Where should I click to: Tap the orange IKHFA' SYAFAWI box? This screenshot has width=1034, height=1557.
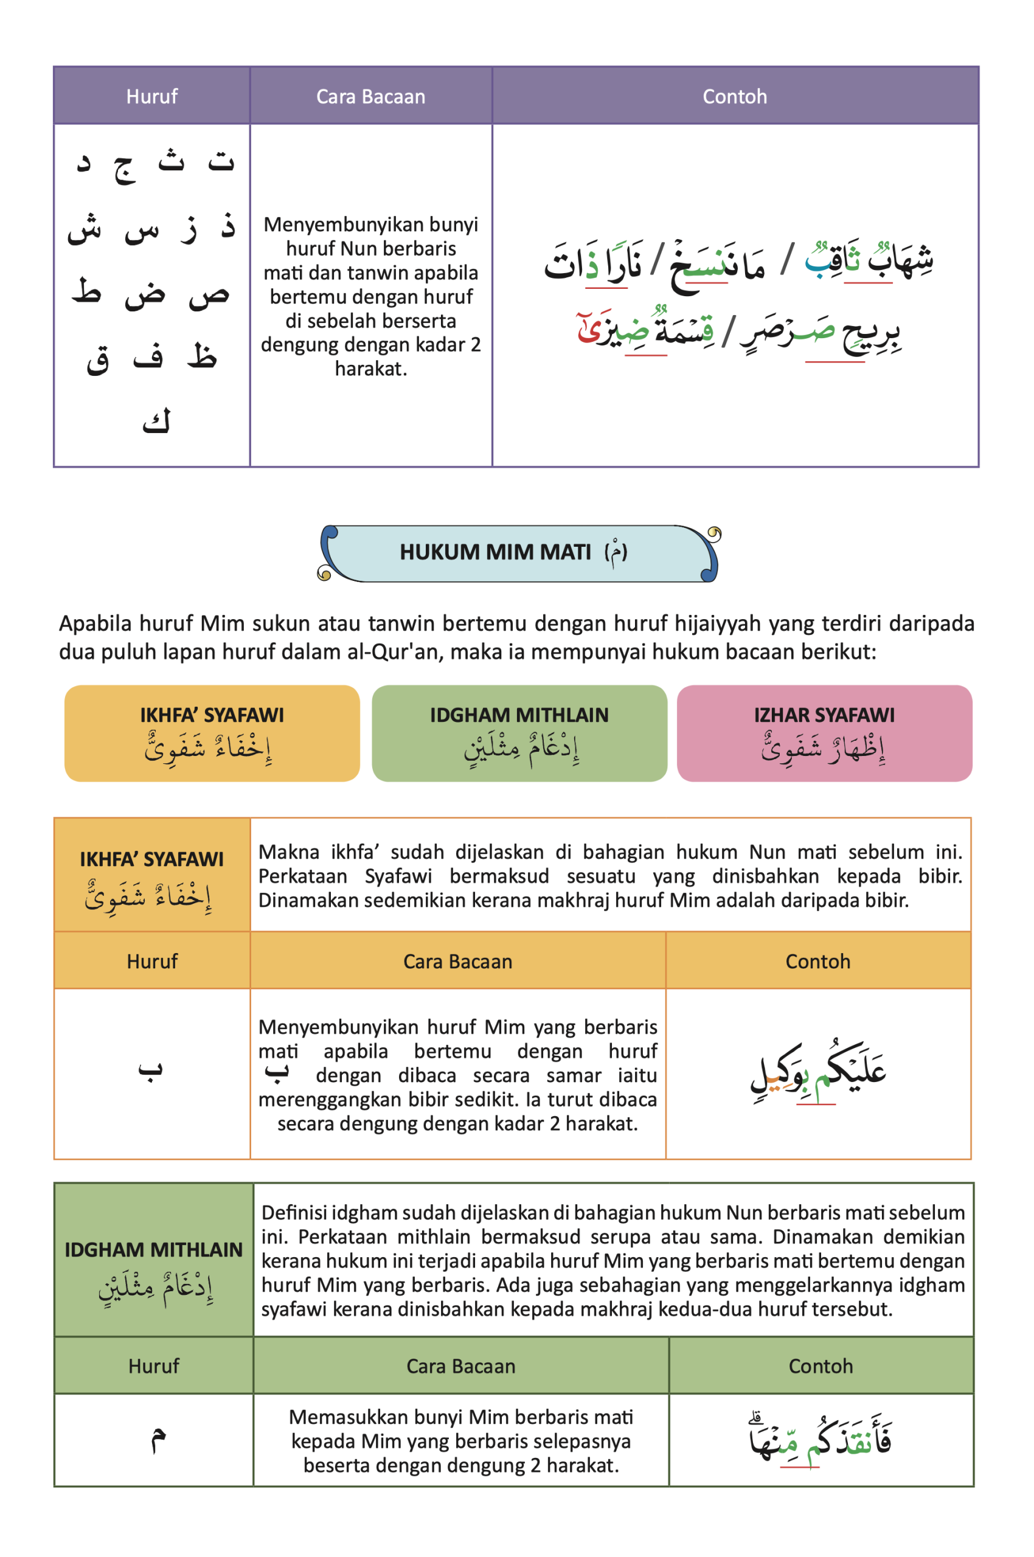pos(212,733)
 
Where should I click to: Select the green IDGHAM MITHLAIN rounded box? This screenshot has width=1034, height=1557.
pos(519,733)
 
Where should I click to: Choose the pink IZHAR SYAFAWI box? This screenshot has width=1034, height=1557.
pos(824,733)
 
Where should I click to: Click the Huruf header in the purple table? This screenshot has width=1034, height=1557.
pos(151,96)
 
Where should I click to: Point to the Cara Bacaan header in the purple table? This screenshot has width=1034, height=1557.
pos(370,96)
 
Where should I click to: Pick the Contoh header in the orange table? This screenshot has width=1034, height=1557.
pos(817,961)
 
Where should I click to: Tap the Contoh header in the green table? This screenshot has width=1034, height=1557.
pos(821,1366)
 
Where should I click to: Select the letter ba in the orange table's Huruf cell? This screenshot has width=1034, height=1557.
pos(150,1069)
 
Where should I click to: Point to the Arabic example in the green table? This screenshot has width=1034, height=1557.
pos(821,1440)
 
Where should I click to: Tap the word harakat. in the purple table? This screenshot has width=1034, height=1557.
pos(370,369)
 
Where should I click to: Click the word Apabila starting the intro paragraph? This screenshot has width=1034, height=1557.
pos(94,623)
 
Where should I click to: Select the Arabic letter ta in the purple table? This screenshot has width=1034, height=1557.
pos(221,160)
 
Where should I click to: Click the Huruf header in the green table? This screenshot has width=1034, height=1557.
pos(154,1366)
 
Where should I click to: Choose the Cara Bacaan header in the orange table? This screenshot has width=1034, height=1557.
pos(457,961)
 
